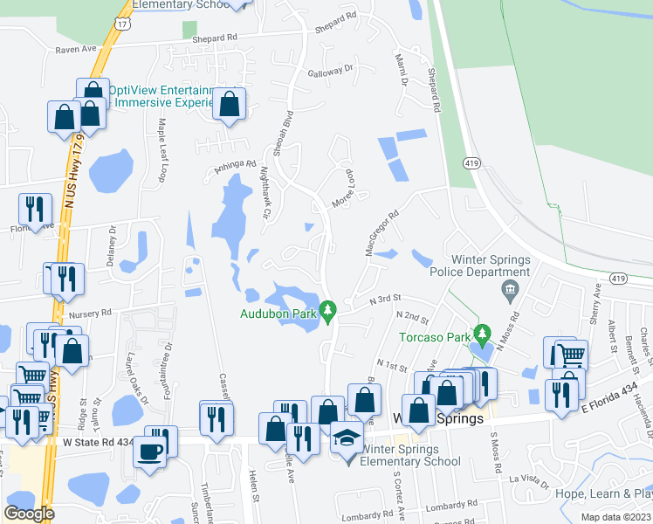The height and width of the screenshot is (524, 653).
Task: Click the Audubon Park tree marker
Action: (328, 310)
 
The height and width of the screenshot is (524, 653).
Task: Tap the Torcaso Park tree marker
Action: (480, 334)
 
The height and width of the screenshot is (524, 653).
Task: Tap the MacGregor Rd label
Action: (381, 231)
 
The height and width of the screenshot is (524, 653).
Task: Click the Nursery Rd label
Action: (94, 312)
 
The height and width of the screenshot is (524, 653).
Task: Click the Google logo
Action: (29, 514)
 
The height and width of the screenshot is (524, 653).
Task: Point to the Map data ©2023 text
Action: (616, 517)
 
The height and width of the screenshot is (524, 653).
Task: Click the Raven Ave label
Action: (75, 51)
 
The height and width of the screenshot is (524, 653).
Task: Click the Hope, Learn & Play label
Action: (605, 493)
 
